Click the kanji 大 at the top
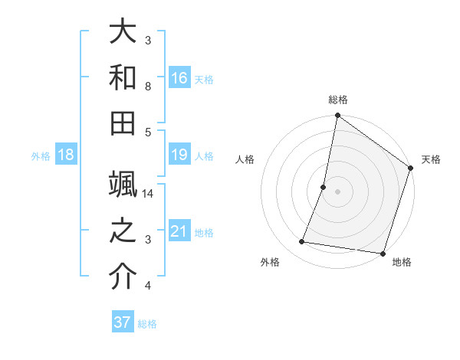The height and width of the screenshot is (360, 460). click(x=123, y=33)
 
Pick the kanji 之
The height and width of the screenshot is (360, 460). click(x=123, y=231)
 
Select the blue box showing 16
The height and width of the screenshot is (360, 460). click(x=179, y=77)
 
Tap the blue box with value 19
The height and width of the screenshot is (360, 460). click(x=179, y=155)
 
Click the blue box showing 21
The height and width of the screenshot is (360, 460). click(x=179, y=231)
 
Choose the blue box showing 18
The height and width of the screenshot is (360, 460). click(x=66, y=155)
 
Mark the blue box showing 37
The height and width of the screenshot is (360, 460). click(x=122, y=322)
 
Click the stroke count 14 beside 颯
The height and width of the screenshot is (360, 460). click(x=149, y=193)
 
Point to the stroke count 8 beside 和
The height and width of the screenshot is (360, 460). click(x=149, y=87)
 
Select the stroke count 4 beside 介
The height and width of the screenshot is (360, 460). click(x=149, y=286)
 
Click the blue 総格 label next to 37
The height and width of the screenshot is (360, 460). click(x=147, y=324)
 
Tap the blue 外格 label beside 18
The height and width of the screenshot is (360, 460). click(x=41, y=156)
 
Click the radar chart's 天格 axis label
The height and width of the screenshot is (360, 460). click(x=431, y=159)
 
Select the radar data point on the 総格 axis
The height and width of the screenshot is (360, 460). click(x=337, y=116)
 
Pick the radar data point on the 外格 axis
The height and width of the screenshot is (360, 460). click(x=302, y=242)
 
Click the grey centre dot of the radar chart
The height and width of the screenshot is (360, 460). click(x=337, y=191)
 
